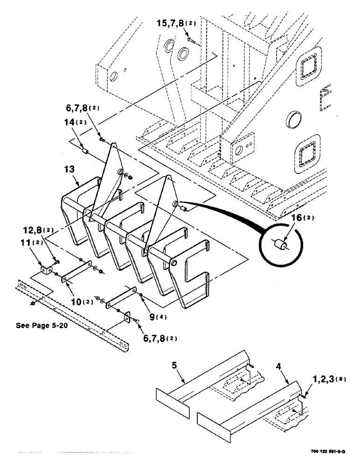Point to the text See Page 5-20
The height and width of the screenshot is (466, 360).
(x=42, y=326)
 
